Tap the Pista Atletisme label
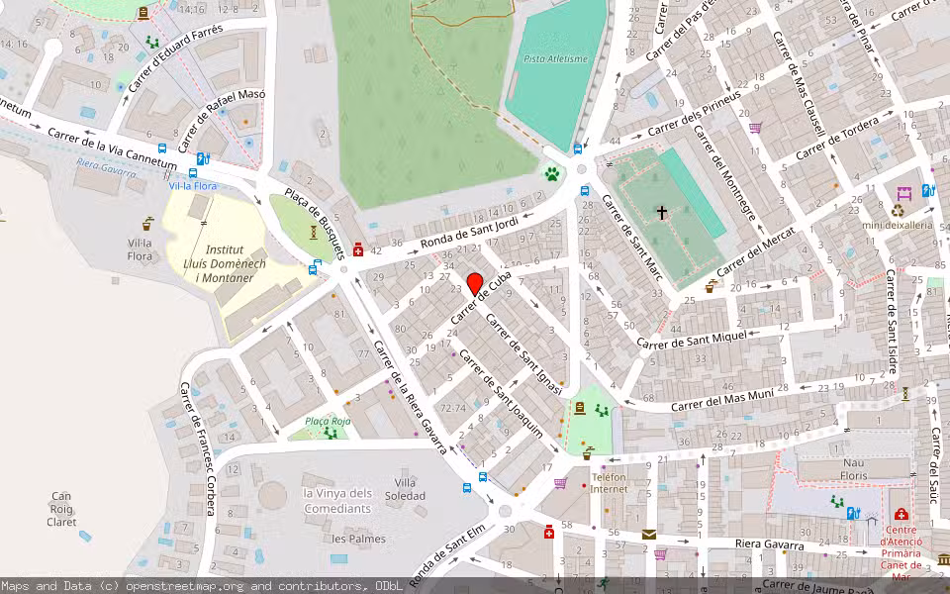tap(555, 58)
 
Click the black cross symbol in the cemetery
tap(662, 212)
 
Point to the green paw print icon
tap(551, 174)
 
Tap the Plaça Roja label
tap(328, 421)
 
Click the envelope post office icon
tap(648, 535)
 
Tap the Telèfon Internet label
tap(610, 482)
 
